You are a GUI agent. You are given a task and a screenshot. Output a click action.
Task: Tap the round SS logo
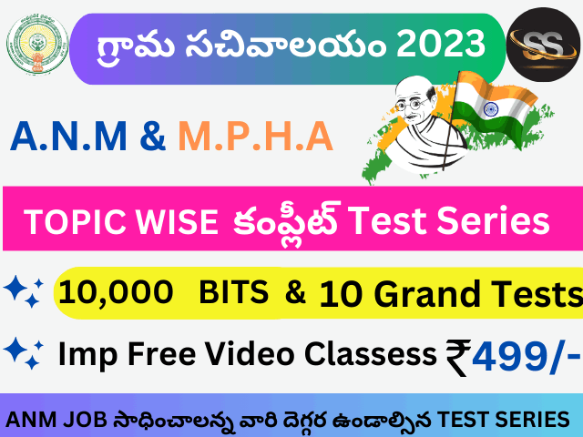(543, 45)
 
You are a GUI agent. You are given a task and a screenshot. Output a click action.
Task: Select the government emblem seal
(37, 44)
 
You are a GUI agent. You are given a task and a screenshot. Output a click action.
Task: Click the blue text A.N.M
(69, 137)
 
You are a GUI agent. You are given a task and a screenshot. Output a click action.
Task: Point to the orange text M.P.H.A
(256, 137)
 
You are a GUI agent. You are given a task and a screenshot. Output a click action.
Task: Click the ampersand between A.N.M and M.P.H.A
(153, 136)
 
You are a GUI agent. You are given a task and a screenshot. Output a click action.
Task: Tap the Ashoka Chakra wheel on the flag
(491, 109)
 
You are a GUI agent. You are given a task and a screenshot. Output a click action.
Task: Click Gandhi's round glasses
(412, 105)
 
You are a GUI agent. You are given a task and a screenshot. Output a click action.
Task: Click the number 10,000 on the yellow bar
(116, 292)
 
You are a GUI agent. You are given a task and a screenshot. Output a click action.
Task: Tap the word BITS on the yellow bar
(233, 292)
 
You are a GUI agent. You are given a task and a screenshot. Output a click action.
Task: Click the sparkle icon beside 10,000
(24, 291)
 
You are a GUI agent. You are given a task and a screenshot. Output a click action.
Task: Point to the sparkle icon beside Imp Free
(24, 353)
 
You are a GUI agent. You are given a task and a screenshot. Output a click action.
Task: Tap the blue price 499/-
(526, 356)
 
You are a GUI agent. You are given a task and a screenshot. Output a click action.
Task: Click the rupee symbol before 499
(458, 358)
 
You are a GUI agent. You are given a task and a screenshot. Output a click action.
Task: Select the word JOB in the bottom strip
(85, 420)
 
